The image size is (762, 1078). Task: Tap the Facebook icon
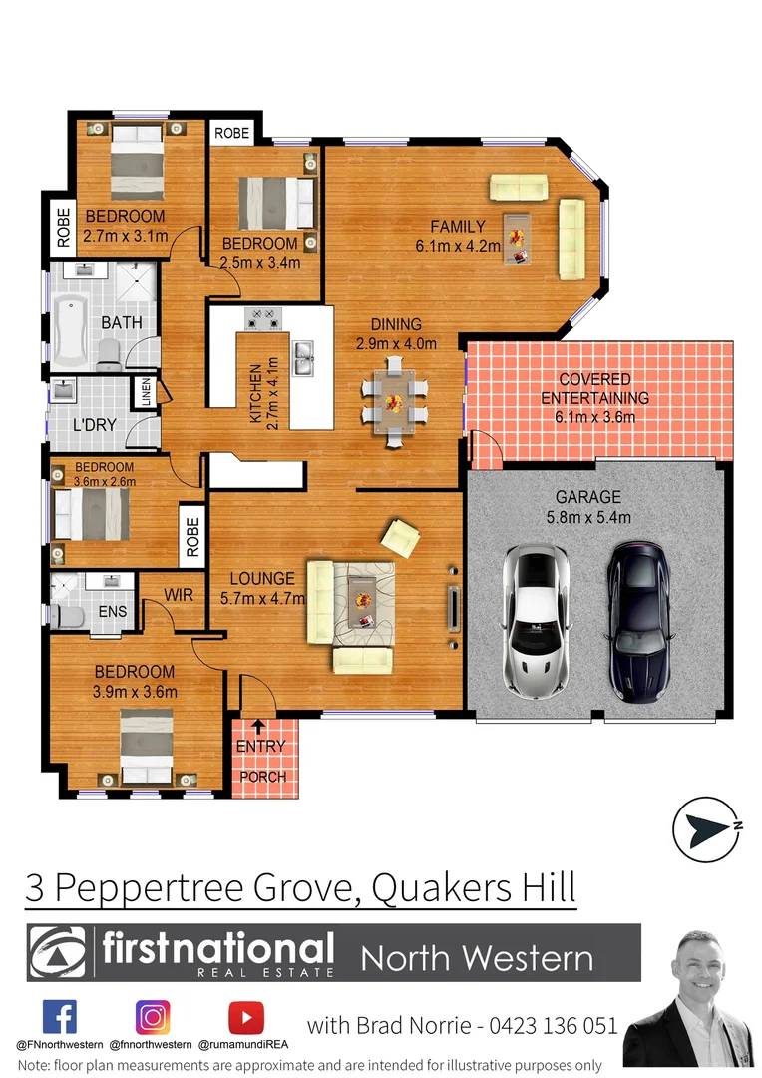click(59, 1017)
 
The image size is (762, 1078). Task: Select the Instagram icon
click(153, 1017)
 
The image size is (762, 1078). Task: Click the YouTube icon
click(245, 1017)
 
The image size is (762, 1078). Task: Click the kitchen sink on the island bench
click(303, 353)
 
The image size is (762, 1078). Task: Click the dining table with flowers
click(394, 403)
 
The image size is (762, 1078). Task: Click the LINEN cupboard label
click(148, 391)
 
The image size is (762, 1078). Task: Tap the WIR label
click(179, 595)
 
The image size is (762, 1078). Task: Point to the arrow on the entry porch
click(259, 726)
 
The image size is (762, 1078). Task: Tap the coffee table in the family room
click(517, 238)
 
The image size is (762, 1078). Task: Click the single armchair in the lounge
click(400, 537)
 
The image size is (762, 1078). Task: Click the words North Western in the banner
click(477, 959)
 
